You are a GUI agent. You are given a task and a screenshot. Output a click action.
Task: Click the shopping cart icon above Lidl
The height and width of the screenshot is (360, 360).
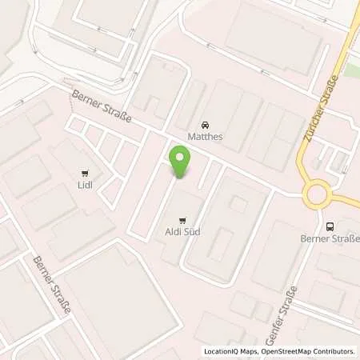click(x=86, y=172)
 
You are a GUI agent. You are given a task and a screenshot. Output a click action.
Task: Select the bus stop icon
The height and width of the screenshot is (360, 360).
click(x=330, y=226)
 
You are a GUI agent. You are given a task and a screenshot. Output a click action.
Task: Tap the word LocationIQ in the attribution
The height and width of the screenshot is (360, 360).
click(x=220, y=351)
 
